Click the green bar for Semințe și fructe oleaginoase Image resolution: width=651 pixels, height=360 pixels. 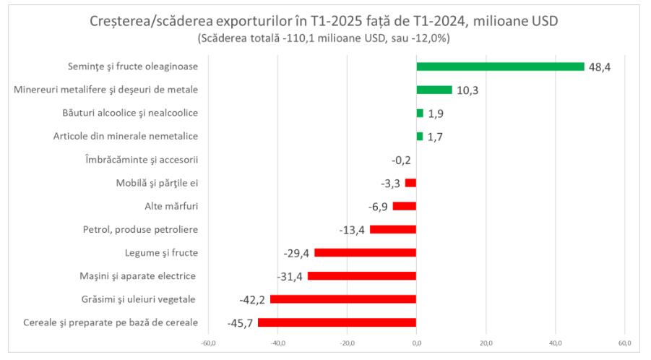point(500,67)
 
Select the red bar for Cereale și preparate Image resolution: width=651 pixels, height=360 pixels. point(337,322)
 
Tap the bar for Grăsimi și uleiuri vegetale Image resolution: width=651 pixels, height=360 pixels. point(342,299)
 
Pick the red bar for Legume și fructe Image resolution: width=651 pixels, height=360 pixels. point(365,252)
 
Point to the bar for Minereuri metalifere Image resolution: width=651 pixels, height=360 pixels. point(434,90)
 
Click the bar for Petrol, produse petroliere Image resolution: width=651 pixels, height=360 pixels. point(393,229)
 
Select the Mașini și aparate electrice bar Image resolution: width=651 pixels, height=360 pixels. point(361,276)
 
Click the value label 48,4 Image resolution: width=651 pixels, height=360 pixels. point(600,67)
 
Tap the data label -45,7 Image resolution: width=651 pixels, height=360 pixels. point(240,323)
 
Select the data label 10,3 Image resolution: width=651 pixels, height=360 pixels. point(467,90)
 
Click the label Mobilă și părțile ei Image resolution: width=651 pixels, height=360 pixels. point(157,183)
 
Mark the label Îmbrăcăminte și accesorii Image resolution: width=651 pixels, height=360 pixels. point(142,160)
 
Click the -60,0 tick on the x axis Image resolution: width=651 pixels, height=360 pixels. point(208,343)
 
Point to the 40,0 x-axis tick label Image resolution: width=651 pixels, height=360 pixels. point(555,343)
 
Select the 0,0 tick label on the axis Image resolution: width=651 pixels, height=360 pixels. point(416,343)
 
